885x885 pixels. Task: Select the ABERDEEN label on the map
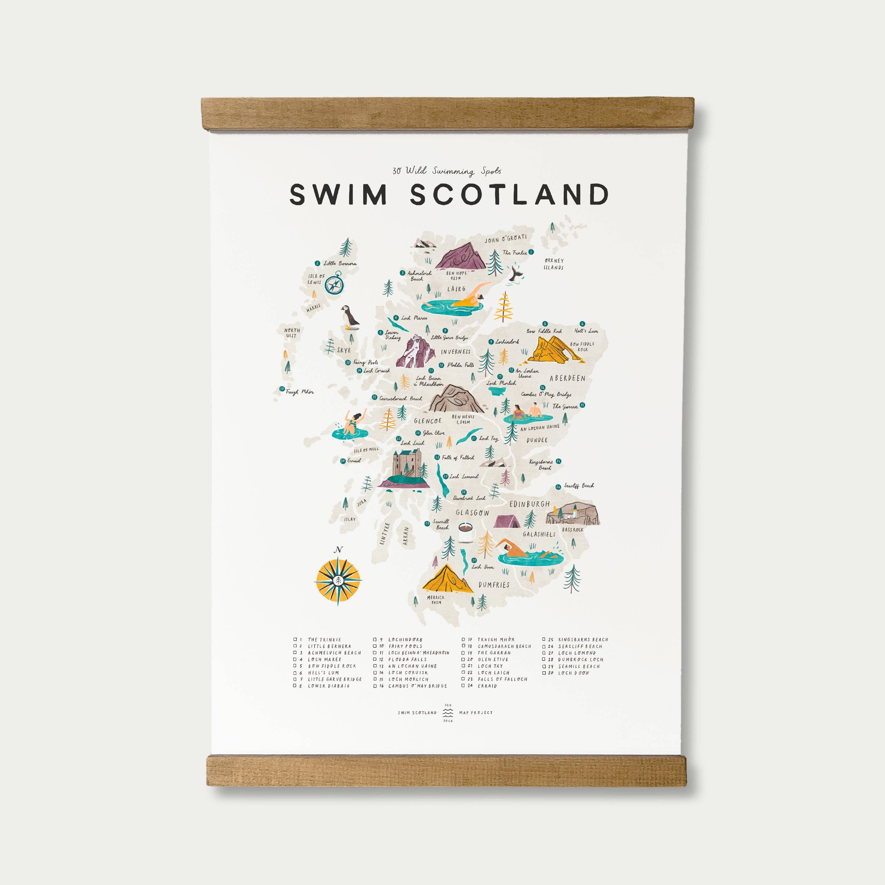pos(567,378)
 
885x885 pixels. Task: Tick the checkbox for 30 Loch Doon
pos(544,673)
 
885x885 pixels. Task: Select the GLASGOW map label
pos(472,513)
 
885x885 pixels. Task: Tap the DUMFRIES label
pos(493,585)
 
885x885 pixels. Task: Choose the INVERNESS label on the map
pos(456,352)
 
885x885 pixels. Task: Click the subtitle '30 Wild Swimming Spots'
pos(446,171)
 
